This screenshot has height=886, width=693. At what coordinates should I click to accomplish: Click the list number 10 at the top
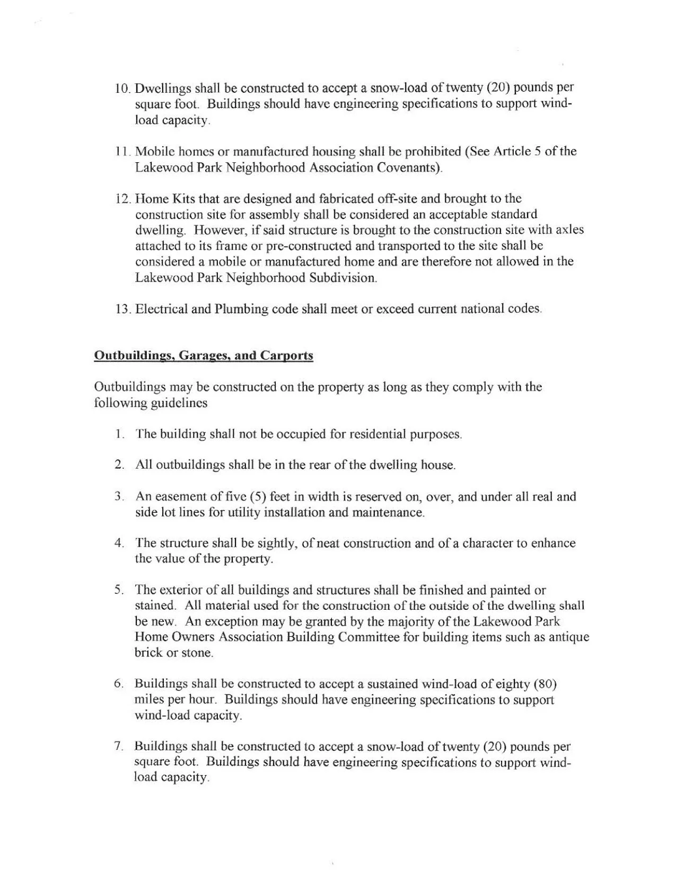coord(122,88)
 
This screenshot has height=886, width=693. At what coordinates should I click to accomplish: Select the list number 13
coord(122,309)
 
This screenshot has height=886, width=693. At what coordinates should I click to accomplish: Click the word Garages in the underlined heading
coord(203,356)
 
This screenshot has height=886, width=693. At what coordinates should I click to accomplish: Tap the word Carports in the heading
coord(286,356)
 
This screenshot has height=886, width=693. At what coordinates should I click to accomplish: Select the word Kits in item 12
coord(182,199)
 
